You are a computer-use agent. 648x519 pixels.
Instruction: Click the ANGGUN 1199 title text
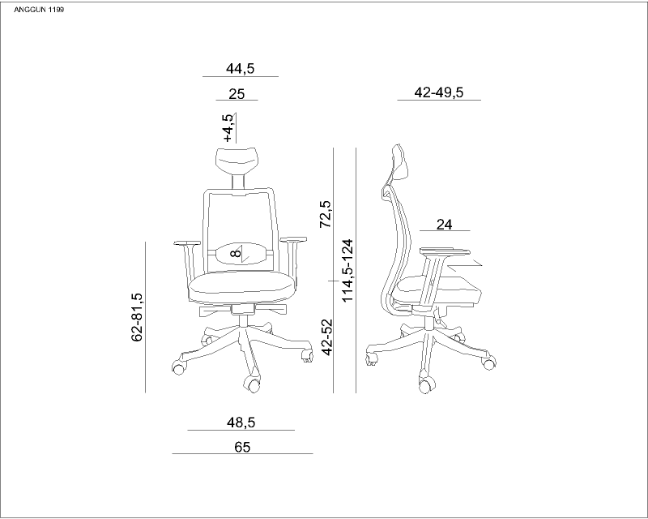point(39,10)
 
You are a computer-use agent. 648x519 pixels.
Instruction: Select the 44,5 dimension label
point(240,69)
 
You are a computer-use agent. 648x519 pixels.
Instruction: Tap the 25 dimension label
point(237,94)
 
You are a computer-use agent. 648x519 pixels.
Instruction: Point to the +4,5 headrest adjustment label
point(228,127)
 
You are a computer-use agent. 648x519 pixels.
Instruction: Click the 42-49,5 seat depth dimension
point(439,92)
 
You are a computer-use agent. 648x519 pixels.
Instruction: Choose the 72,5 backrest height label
point(326,214)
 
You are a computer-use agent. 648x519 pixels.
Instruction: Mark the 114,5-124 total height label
point(347,270)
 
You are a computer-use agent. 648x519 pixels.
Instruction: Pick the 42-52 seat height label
point(327,337)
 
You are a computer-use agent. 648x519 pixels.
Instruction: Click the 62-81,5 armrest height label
point(137,317)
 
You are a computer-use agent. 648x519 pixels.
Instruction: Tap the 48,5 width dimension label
point(241,422)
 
